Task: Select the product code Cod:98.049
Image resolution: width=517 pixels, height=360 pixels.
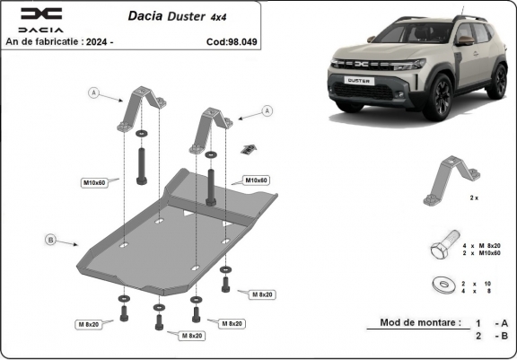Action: click(231, 41)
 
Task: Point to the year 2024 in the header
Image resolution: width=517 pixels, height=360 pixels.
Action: click(123, 41)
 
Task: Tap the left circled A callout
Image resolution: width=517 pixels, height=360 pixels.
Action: click(92, 92)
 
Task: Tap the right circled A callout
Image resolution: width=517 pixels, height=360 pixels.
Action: click(266, 110)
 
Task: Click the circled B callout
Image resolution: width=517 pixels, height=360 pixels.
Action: click(52, 240)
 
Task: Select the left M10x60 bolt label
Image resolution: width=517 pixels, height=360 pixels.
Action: click(95, 183)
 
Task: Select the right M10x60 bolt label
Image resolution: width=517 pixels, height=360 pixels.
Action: click(257, 180)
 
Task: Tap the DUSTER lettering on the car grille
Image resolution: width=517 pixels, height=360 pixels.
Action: click(359, 79)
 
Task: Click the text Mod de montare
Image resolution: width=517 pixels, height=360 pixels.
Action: click(419, 322)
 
